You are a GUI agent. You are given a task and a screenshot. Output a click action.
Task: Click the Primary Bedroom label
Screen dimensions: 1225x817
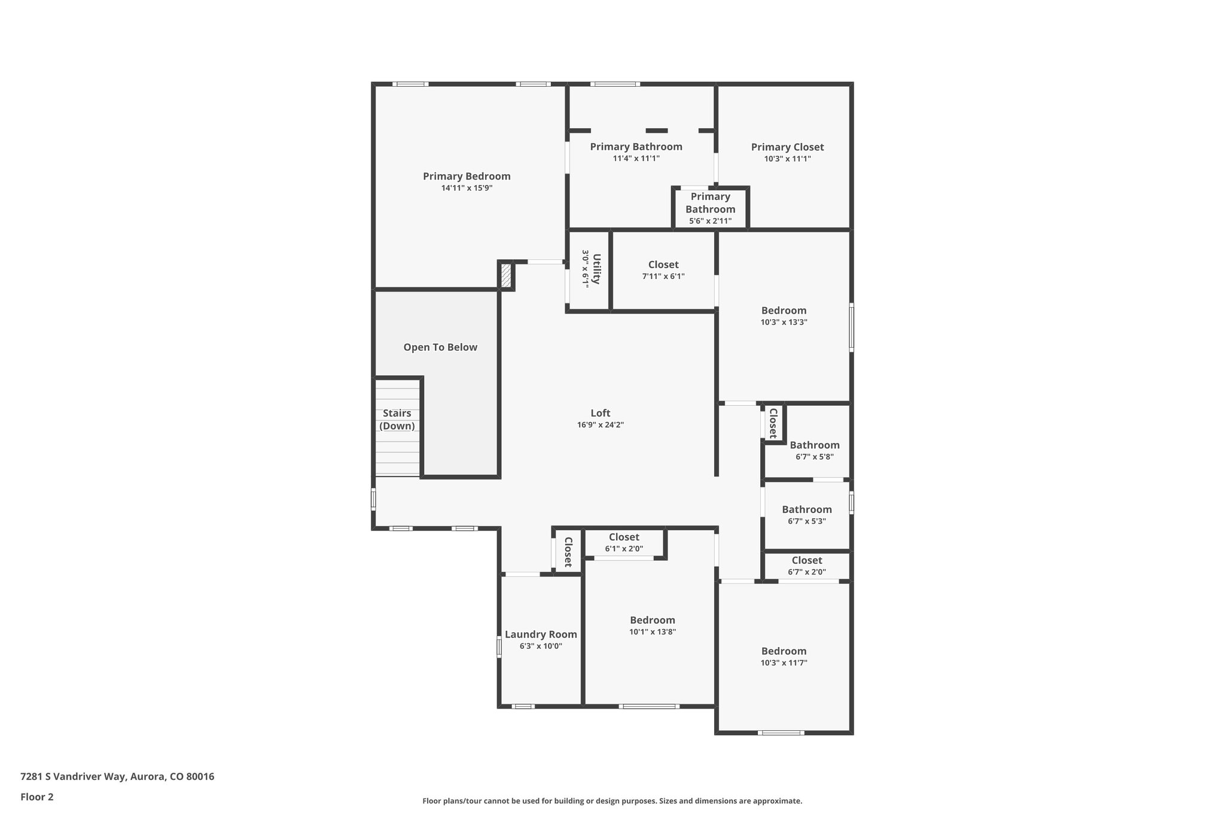[x=467, y=177]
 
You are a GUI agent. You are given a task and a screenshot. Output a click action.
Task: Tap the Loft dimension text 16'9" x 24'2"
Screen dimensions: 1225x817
[x=600, y=425]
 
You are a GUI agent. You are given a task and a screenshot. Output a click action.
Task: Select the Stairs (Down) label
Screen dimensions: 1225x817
[x=397, y=420]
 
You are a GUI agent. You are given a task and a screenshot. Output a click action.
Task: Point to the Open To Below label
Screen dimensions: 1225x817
[x=440, y=347]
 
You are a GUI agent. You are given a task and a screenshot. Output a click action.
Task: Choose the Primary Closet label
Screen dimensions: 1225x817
[x=787, y=147]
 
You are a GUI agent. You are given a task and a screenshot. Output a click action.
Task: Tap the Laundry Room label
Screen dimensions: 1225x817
[x=541, y=634]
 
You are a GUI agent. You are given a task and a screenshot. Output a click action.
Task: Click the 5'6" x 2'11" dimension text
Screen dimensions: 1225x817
[x=710, y=221]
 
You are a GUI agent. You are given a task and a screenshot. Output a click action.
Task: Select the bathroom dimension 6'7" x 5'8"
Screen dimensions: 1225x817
[x=814, y=457]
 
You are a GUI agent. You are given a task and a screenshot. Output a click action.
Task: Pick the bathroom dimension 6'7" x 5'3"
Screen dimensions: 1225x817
[x=807, y=521]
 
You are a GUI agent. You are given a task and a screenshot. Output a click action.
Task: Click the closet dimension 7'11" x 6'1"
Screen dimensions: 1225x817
[x=663, y=277]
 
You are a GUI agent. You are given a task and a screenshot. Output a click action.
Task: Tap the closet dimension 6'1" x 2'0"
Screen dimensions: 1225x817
[x=624, y=549]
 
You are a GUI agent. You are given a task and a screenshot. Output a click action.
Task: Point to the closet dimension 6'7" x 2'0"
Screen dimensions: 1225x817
[x=807, y=572]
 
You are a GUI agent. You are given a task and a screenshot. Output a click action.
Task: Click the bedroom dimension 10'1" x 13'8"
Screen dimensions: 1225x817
[x=652, y=631]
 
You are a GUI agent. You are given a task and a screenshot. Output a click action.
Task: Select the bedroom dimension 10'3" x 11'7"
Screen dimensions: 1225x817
[x=784, y=663]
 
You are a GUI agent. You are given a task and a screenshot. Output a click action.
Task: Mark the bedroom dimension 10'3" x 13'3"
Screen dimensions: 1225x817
[x=784, y=322]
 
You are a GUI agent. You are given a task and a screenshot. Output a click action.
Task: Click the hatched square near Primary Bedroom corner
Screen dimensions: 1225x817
[x=506, y=276]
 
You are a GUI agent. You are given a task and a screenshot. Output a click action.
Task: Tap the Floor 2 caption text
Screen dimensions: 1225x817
[x=37, y=797]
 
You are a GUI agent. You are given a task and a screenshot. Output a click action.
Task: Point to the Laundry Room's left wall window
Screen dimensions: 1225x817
[x=499, y=647]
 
